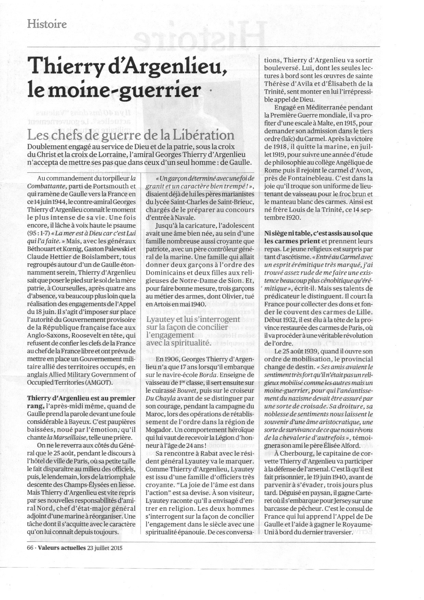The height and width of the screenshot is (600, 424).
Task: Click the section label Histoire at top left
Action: coord(47,24)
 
